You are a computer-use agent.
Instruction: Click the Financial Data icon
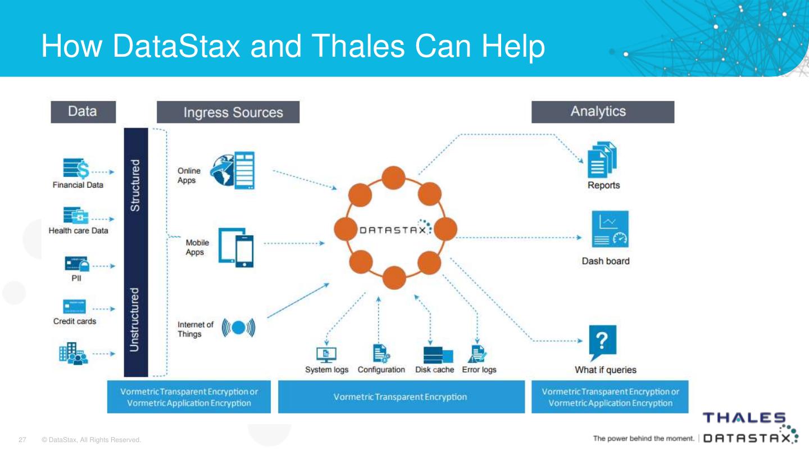point(76,168)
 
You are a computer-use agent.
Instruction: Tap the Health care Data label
point(78,231)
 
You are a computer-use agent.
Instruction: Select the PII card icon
point(76,263)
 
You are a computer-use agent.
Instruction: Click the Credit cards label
point(75,321)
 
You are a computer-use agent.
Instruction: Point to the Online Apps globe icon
point(232,170)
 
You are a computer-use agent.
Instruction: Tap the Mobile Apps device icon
point(236,247)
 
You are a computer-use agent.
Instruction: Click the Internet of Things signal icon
point(239,327)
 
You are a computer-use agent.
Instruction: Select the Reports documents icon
point(602,160)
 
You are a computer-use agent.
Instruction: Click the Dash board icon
point(610,229)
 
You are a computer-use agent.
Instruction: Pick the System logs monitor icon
point(326,354)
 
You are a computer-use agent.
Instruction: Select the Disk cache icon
point(438,355)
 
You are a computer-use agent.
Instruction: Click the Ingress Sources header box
point(228,112)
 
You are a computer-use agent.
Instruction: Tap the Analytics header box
point(603,112)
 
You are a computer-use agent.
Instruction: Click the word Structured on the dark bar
point(135,185)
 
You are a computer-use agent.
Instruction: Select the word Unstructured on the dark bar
point(135,320)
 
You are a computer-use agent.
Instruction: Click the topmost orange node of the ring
point(393,178)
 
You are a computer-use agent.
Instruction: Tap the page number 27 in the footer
point(23,440)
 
